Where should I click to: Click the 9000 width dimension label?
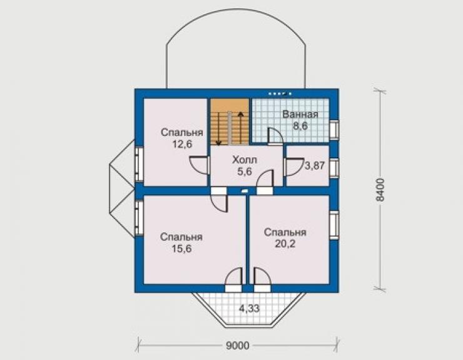point(238,345)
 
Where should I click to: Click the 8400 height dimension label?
point(380,190)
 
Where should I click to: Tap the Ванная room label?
point(300,115)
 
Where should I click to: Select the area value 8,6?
point(300,126)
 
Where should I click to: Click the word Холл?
point(245,160)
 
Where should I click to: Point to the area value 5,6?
point(245,172)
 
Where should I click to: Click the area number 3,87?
point(315,165)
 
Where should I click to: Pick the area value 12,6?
point(182,144)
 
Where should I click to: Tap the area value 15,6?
point(181,249)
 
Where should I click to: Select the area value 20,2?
point(285,244)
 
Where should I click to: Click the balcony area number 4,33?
point(249,309)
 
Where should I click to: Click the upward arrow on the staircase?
point(241,128)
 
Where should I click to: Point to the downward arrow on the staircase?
point(218,129)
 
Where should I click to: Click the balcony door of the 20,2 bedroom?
point(262,280)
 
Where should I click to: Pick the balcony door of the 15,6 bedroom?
point(234,280)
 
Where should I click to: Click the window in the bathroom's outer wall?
point(334,129)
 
